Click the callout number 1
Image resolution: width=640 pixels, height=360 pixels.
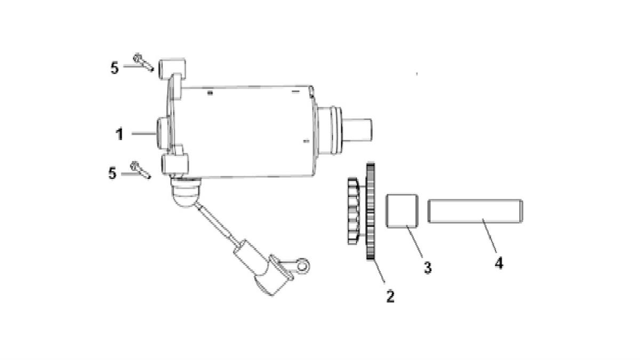[119, 134]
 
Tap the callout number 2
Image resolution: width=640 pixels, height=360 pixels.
[390, 297]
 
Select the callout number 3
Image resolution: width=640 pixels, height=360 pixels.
[427, 268]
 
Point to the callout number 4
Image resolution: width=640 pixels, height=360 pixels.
[499, 263]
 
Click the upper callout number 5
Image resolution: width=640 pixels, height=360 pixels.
[115, 68]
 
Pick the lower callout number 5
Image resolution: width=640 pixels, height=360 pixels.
[113, 173]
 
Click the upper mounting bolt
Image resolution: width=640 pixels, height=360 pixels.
[143, 62]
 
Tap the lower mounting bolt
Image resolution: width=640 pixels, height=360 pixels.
[140, 170]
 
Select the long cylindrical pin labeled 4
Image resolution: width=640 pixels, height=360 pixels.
[475, 211]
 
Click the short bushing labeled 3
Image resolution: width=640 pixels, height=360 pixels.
[402, 211]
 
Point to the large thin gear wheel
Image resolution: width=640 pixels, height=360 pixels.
[370, 211]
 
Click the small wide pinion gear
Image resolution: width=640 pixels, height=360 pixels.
[353, 211]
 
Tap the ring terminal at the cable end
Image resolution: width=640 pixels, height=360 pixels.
[302, 266]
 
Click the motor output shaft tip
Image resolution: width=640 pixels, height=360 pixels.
[358, 130]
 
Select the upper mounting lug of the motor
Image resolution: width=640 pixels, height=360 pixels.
[172, 69]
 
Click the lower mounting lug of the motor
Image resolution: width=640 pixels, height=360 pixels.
[175, 164]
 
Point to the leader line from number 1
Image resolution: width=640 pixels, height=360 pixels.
[143, 133]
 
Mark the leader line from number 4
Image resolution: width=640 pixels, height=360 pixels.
[490, 236]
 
